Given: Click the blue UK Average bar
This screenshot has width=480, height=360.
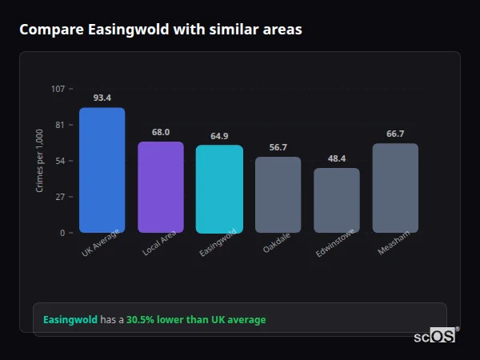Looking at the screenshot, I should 102,170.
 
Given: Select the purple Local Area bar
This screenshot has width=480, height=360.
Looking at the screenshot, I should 161,187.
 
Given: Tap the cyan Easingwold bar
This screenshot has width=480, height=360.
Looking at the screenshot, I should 219,189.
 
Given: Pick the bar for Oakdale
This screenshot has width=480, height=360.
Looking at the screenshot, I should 278,194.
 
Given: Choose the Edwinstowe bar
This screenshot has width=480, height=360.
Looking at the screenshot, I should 337,200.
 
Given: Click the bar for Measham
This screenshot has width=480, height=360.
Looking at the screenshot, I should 395,188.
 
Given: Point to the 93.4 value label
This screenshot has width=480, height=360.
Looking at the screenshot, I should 102,98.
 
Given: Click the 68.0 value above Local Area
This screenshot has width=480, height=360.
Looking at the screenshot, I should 161,132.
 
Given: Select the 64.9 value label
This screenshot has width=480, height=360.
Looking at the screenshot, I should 219,136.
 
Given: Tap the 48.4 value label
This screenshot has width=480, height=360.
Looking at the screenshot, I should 337,158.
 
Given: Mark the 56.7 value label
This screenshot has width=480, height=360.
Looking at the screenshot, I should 278,147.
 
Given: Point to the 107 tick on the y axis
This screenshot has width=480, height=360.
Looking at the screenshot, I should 58,89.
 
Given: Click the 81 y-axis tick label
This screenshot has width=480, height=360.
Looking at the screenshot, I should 60,125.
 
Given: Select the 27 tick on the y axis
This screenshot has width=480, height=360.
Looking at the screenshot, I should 60,197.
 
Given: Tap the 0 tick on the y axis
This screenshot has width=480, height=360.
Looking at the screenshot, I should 62,233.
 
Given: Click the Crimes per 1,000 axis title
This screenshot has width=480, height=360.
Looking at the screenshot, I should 40,161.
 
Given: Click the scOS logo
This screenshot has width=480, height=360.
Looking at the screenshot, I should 434,336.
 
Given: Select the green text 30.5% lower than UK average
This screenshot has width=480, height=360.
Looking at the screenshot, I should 196,320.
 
